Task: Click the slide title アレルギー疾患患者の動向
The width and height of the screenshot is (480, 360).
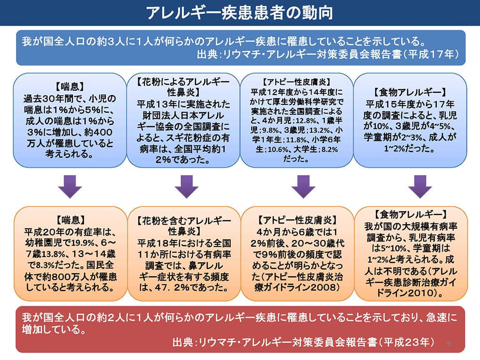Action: (x=240, y=13)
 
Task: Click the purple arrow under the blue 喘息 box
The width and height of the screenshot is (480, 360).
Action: (x=70, y=187)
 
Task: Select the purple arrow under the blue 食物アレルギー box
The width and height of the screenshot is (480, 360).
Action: (x=420, y=187)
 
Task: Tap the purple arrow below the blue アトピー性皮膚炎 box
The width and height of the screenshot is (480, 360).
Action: (x=304, y=187)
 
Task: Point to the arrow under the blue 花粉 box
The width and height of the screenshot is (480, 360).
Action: (x=187, y=187)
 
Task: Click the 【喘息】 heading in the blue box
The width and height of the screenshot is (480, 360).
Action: (x=70, y=87)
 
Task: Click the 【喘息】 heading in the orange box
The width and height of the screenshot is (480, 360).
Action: (x=71, y=220)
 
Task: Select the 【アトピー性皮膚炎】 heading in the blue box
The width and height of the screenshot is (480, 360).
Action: (x=296, y=82)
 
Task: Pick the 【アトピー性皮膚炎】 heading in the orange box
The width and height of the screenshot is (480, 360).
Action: (x=296, y=220)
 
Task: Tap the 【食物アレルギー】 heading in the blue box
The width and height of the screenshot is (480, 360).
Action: (x=410, y=92)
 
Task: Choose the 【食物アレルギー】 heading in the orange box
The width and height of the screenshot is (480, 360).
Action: (x=410, y=214)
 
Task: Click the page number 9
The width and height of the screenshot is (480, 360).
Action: (x=449, y=343)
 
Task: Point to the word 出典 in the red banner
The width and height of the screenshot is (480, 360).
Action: (x=182, y=342)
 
